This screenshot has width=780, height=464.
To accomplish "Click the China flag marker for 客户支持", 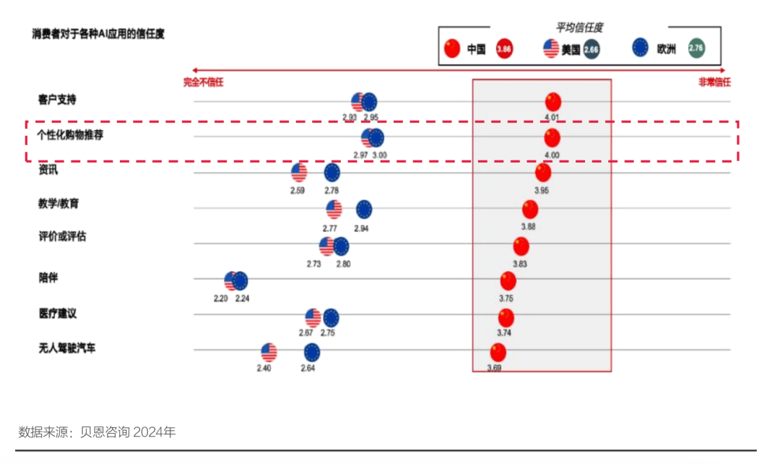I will [553, 102].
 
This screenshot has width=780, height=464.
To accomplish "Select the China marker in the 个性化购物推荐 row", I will [552, 137].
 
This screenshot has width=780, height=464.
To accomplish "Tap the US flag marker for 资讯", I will [299, 173].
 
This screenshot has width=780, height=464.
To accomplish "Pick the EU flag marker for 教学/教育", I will [364, 210].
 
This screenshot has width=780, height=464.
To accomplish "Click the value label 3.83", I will [520, 264].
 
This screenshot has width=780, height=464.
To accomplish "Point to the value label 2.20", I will [221, 298].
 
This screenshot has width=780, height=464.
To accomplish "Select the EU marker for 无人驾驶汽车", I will [311, 353].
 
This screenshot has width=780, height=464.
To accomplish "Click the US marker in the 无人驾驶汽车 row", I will [269, 353].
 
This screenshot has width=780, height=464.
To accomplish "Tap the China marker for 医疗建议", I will [506, 317].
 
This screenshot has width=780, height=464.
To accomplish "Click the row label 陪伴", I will [48, 277].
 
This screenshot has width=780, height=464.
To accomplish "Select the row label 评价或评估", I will [62, 236].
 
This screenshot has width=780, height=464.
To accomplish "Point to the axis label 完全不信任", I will [203, 82].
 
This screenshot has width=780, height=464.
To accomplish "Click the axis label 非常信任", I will [714, 82].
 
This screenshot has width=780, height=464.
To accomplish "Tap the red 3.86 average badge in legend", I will [505, 49].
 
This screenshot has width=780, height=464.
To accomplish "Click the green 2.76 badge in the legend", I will [696, 48].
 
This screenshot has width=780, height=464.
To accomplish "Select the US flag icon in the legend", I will [551, 49].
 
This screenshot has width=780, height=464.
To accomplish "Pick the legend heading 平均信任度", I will [578, 27].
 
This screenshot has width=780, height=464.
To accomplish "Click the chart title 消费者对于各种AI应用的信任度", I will [98, 33].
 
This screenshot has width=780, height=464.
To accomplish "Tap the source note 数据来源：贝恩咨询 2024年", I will [97, 432].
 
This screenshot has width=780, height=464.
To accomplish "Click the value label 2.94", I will [361, 228].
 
